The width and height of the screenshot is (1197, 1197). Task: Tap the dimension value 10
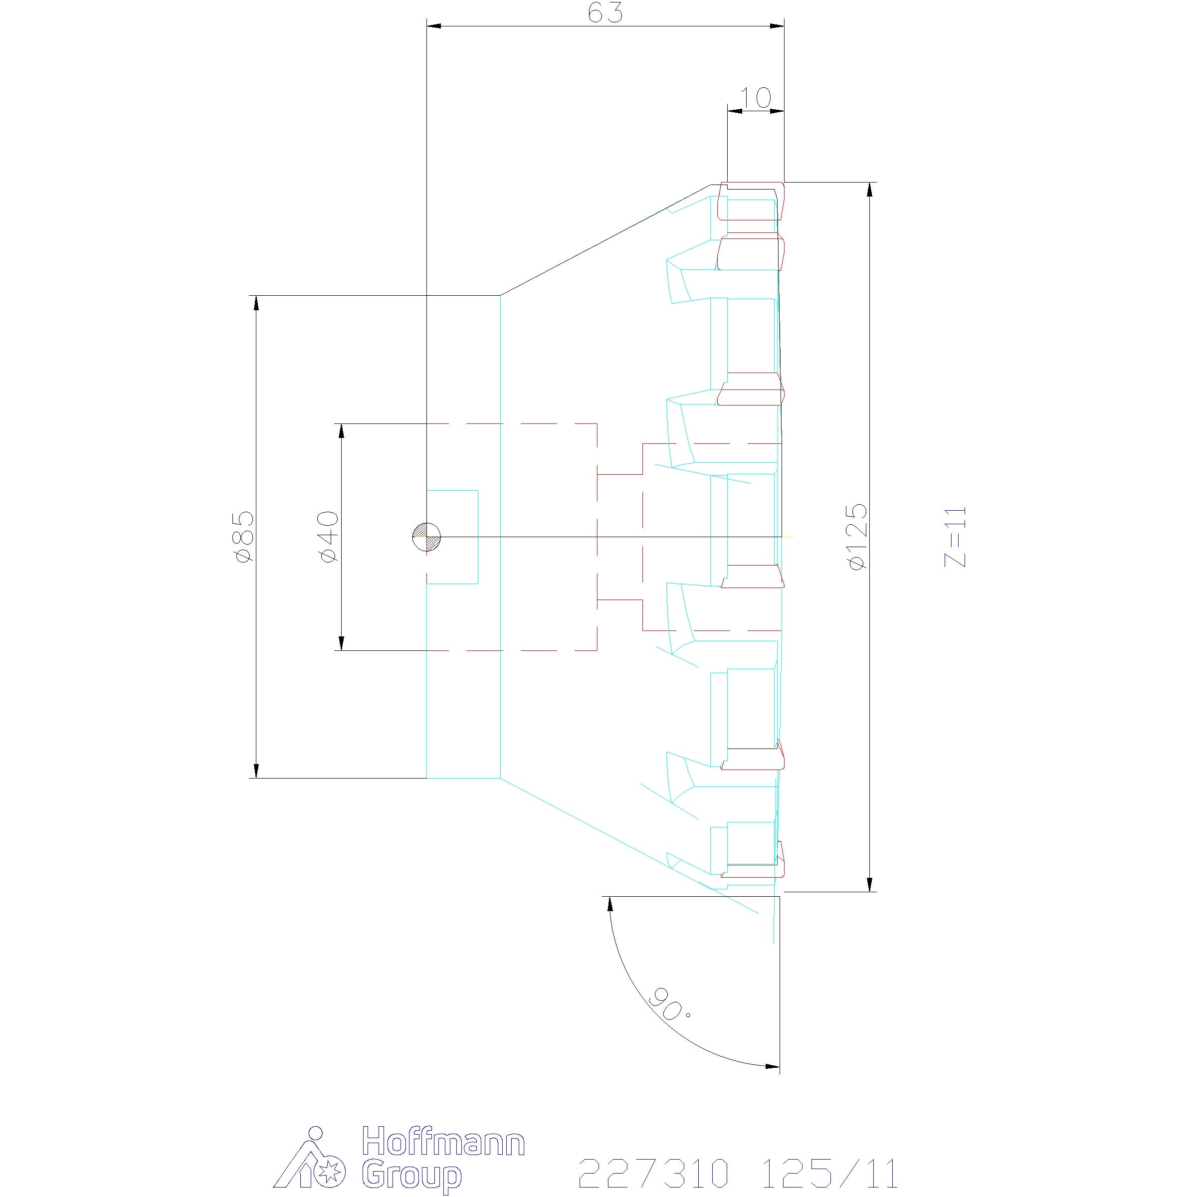pos(755,97)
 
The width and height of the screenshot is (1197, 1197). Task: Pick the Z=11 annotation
pos(955,537)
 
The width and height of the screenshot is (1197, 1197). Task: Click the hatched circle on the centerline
pos(427,537)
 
